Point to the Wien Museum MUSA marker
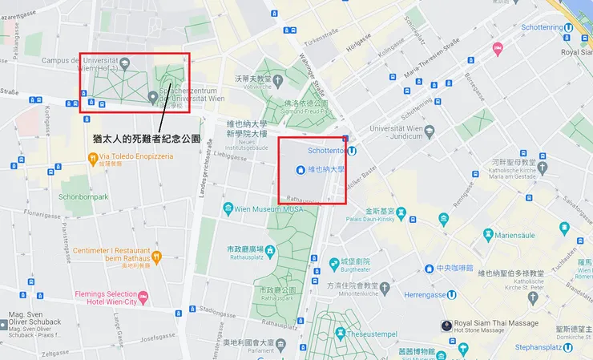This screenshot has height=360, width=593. [227, 208]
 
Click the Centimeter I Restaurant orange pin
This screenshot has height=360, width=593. [157, 257]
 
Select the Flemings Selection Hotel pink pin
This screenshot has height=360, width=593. [143, 298]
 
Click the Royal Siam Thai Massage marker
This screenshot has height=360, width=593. [446, 326]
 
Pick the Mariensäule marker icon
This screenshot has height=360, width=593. [488, 235]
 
